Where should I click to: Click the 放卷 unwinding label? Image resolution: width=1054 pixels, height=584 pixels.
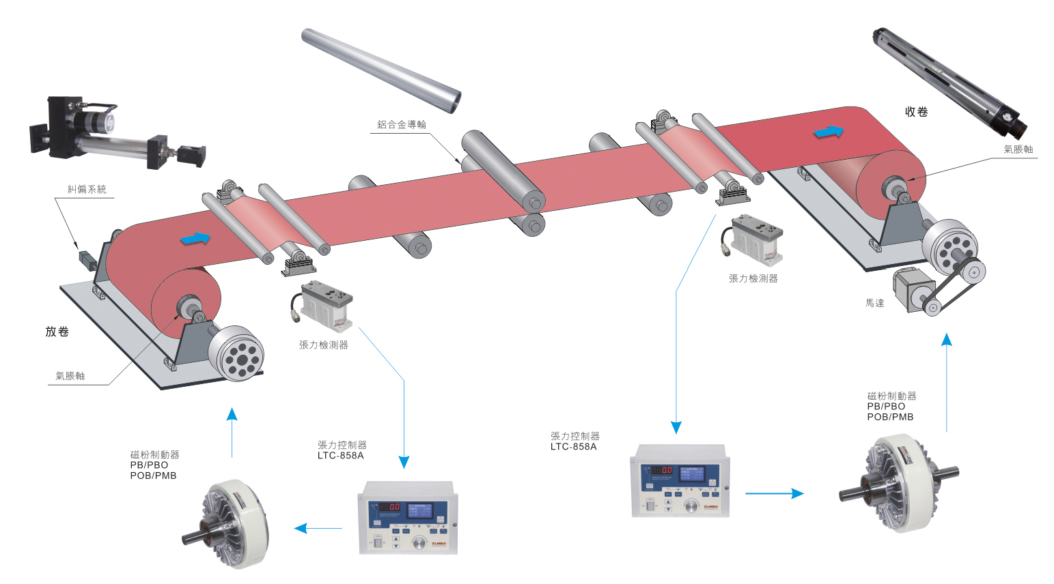pos(57,332)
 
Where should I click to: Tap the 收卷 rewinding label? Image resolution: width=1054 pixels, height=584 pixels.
pos(916,112)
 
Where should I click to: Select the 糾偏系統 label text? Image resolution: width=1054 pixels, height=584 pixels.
pos(87,189)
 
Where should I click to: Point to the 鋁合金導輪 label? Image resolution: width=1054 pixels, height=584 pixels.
pos(402,124)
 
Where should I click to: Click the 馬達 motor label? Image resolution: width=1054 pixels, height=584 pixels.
pos(874,303)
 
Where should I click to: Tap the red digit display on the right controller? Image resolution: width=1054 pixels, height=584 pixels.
pos(661,470)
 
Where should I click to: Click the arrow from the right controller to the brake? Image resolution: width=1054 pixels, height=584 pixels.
pos(774,493)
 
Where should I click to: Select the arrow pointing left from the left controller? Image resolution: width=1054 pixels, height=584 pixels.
pos(318,528)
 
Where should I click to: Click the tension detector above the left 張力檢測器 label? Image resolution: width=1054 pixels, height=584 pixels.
pos(324,304)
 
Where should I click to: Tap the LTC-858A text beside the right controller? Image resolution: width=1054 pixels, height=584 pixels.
pos(574,447)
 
